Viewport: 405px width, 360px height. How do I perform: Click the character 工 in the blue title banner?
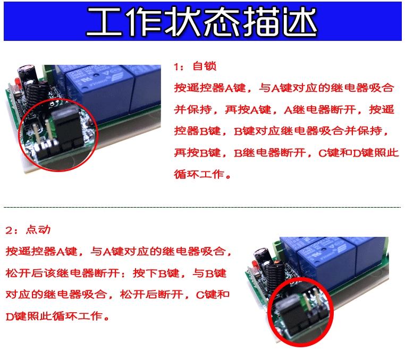[x=104, y=21]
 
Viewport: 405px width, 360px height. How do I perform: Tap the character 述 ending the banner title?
[x=300, y=21]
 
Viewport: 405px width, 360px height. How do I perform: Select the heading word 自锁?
[x=205, y=66]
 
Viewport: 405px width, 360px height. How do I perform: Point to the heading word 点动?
[x=38, y=229]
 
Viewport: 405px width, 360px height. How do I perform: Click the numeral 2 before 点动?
[x=9, y=230]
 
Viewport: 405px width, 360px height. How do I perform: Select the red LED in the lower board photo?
[x=254, y=264]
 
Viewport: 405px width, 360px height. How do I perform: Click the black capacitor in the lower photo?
[x=261, y=255]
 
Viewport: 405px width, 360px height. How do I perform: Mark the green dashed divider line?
[x=203, y=207]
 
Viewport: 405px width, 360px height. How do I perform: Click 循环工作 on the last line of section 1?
[x=199, y=175]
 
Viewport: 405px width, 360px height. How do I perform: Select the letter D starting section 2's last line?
[x=10, y=316]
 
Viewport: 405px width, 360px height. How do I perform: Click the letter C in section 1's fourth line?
[x=323, y=153]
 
